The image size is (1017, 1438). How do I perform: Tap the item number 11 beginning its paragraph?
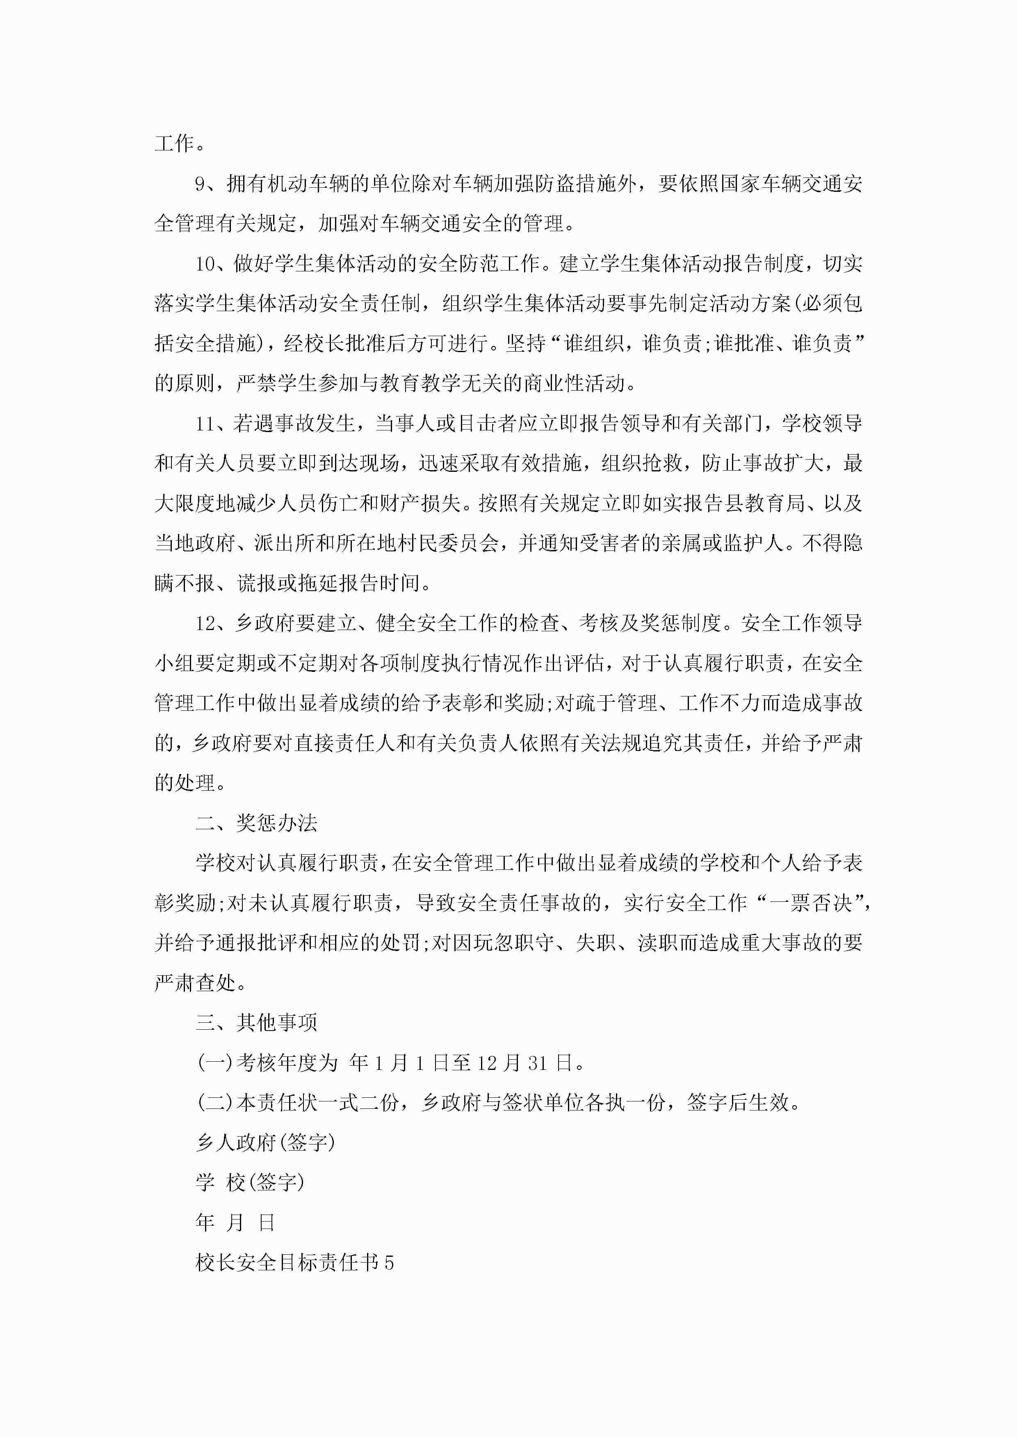pos(205,424)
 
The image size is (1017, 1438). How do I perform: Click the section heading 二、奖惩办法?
pos(256,824)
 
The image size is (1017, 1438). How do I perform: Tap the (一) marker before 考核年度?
pos(215,1063)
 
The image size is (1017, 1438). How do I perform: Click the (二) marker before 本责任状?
pos(215,1103)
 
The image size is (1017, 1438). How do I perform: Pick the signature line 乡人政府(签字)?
pos(266,1143)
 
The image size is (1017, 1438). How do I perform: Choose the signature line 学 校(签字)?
pos(250,1183)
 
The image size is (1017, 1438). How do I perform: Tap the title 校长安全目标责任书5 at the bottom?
pos(294,1263)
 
